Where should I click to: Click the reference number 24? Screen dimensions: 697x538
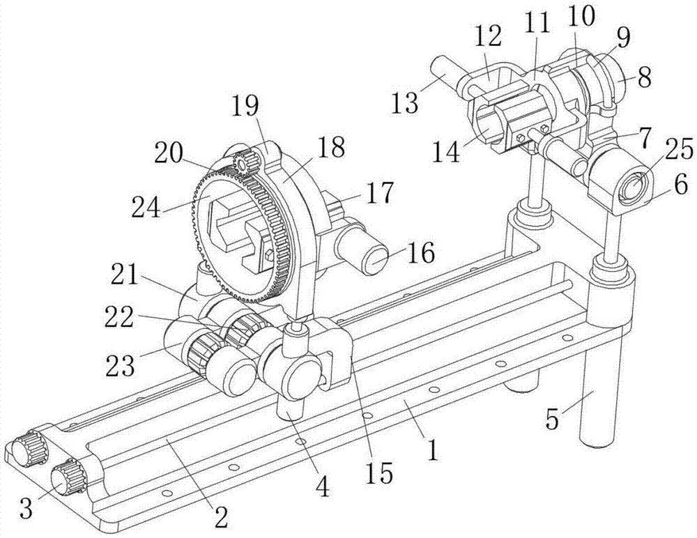pos(146,207)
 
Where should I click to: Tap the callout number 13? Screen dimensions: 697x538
pos(405,102)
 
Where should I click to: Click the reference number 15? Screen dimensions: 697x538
pos(382,472)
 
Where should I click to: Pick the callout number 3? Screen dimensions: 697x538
pos(27,509)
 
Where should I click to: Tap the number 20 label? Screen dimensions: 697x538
pos(170,154)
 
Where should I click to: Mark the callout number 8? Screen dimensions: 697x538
pos(643,77)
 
